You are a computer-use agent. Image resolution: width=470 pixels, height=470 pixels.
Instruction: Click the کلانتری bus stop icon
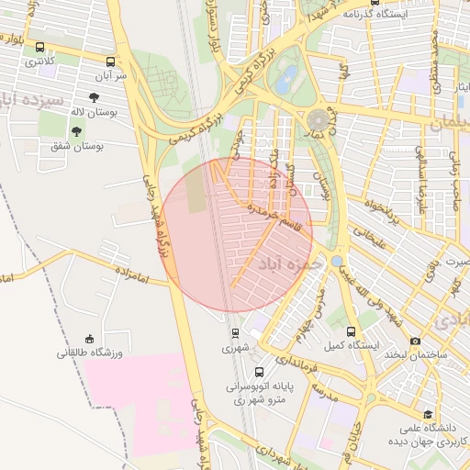[39, 48]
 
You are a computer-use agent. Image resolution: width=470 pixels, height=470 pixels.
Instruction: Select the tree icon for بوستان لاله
[95, 95]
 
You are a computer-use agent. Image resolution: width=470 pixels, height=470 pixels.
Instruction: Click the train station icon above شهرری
[235, 333]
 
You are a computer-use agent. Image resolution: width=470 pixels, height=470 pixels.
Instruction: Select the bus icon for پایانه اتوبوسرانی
[260, 373]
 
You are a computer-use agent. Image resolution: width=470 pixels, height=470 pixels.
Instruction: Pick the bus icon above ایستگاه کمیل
[352, 331]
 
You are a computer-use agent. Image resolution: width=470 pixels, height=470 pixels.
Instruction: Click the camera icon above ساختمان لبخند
[415, 341]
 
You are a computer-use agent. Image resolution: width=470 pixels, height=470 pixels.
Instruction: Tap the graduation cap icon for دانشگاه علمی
[427, 415]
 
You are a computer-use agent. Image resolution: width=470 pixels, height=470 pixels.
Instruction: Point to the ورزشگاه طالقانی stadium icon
[89, 339]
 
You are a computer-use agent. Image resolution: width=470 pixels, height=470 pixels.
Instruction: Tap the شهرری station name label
[235, 349]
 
